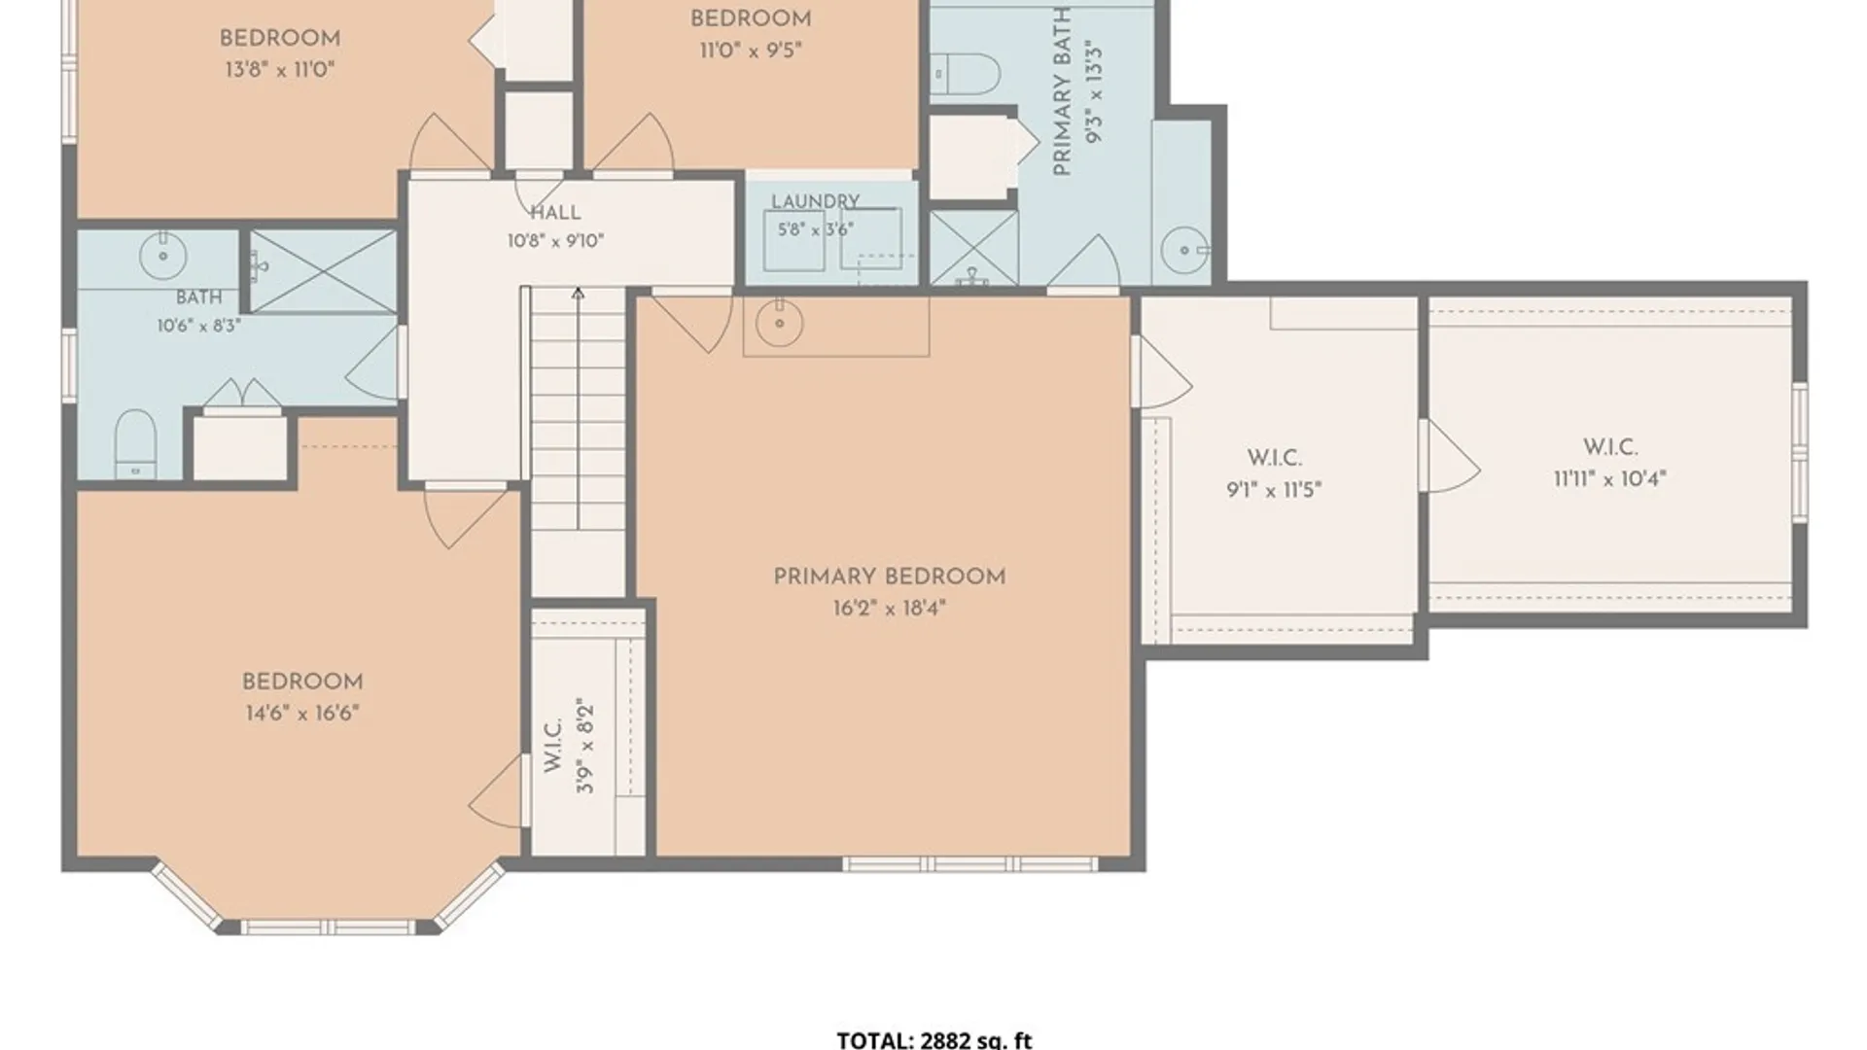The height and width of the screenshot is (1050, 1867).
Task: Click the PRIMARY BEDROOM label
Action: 889,577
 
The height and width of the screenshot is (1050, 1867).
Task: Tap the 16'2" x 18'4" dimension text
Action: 889,609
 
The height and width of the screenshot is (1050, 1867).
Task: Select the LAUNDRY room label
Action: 815,201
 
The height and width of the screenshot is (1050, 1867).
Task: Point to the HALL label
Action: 555,213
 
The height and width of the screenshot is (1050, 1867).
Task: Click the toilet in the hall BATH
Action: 135,444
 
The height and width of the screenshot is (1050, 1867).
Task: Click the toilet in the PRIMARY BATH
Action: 966,74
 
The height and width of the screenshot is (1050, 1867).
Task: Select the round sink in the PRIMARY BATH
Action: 1184,251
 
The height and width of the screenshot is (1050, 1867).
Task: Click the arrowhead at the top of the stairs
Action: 578,293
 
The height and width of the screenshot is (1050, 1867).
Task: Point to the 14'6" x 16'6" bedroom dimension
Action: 302,714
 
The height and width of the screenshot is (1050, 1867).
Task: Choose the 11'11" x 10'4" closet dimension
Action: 1609,478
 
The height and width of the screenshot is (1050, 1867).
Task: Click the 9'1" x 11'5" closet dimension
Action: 1274,489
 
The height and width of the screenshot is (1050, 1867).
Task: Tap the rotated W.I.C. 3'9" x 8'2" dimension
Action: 584,745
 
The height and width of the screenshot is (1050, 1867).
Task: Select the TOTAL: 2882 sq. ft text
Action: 934,1040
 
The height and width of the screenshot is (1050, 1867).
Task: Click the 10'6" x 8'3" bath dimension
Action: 198,326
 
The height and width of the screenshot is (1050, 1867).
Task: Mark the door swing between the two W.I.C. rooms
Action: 1450,455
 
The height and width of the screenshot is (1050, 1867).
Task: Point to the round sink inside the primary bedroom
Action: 779,323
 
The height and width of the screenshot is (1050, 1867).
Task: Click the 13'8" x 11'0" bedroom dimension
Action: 279,70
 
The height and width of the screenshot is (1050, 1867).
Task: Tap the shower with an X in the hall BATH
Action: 323,272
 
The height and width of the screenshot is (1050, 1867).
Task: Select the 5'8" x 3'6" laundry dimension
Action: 815,229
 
